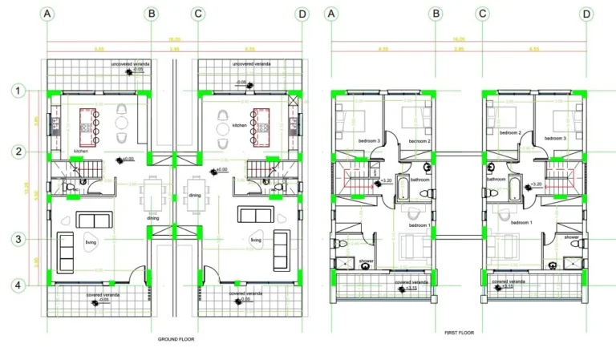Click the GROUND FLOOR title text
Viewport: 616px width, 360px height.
coord(176,339)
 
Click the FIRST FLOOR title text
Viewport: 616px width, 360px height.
coord(460,331)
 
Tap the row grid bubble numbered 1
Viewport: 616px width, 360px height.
coord(18,92)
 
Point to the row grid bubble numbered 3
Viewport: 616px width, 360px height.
coord(18,239)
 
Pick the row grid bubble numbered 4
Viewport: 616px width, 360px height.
coord(18,284)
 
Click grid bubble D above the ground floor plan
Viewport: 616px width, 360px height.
coord(302,14)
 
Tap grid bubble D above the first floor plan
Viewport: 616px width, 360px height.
coord(586,14)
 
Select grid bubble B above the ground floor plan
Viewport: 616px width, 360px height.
coord(152,14)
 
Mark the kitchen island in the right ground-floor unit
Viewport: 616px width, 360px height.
coord(261,125)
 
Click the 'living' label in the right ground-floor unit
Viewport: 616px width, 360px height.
coord(256,240)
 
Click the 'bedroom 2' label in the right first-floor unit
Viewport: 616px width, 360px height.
coord(510,133)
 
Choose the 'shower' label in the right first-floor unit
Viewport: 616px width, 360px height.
coord(571,237)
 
